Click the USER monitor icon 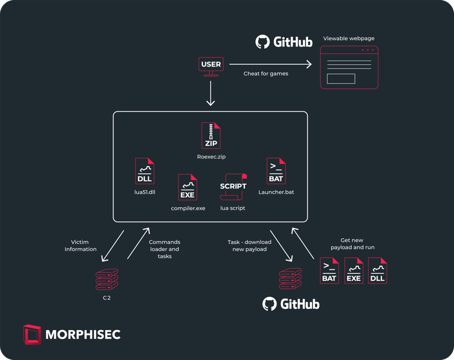pyautogui.click(x=211, y=65)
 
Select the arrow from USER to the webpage pyautogui.click(x=270, y=64)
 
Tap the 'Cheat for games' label pyautogui.click(x=266, y=73)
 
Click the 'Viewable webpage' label pyautogui.click(x=349, y=38)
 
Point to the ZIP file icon pyautogui.click(x=211, y=136)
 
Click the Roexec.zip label pyautogui.click(x=211, y=156)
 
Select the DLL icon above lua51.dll pyautogui.click(x=144, y=171)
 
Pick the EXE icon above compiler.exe pyautogui.click(x=187, y=187)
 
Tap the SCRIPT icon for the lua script pyautogui.click(x=233, y=187)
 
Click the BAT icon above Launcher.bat pyautogui.click(x=276, y=171)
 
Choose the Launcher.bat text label pyautogui.click(x=276, y=192)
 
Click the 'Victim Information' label pyautogui.click(x=80, y=246)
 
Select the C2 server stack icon pyautogui.click(x=107, y=280)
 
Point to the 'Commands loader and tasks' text pyautogui.click(x=164, y=249)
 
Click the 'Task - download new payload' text pyautogui.click(x=249, y=246)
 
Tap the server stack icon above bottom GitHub pyautogui.click(x=290, y=280)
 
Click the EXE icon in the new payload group pyautogui.click(x=353, y=270)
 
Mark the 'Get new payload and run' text pyautogui.click(x=352, y=244)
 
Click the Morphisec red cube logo pyautogui.click(x=32, y=334)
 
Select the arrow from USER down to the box pyautogui.click(x=211, y=93)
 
